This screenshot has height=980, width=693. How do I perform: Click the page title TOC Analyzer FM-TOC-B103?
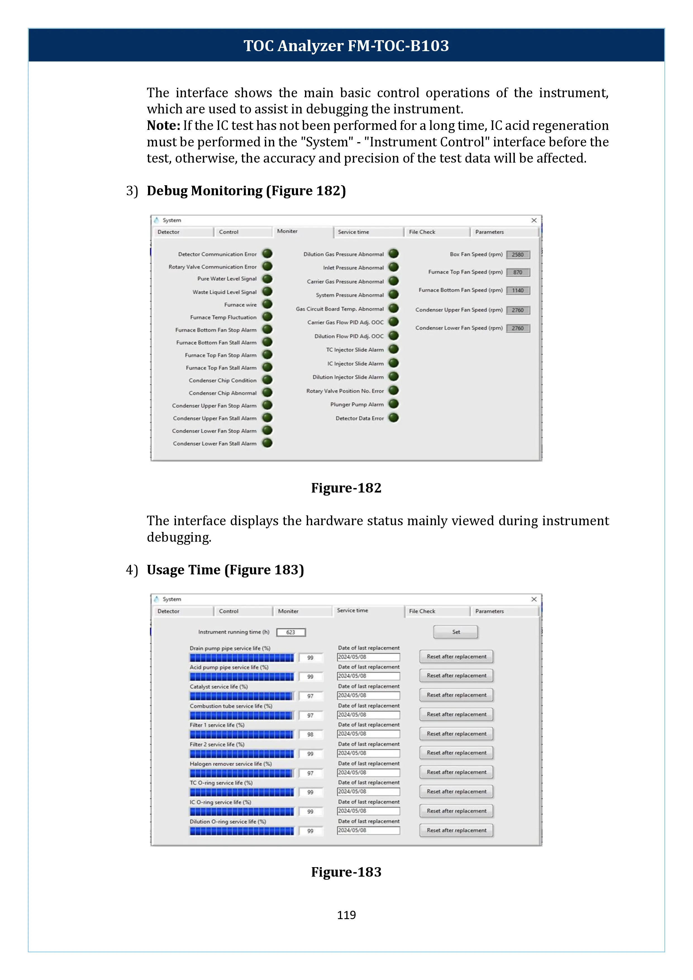(x=346, y=46)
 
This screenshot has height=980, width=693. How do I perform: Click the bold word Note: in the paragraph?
(x=163, y=125)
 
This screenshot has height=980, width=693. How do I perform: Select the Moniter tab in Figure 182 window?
(x=287, y=231)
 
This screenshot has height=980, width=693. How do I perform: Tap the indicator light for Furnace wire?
(x=267, y=304)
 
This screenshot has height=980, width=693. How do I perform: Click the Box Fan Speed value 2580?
(x=518, y=255)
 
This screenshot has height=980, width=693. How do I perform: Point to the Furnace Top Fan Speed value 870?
(x=518, y=272)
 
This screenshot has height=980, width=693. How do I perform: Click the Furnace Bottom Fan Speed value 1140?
(x=518, y=291)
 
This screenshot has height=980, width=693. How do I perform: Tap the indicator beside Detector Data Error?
(x=394, y=418)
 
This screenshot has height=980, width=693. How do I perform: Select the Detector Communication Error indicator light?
(x=267, y=254)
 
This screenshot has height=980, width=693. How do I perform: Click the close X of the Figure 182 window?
(x=534, y=220)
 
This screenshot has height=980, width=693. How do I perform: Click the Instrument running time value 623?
(x=290, y=632)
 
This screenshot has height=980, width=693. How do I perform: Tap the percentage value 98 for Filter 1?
(x=310, y=734)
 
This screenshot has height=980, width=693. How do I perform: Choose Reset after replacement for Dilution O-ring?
(x=456, y=830)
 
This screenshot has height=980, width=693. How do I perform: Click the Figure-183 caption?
(x=346, y=872)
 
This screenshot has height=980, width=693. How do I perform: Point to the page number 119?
(x=346, y=915)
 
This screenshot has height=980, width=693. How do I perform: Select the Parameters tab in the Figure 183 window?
(x=489, y=611)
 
